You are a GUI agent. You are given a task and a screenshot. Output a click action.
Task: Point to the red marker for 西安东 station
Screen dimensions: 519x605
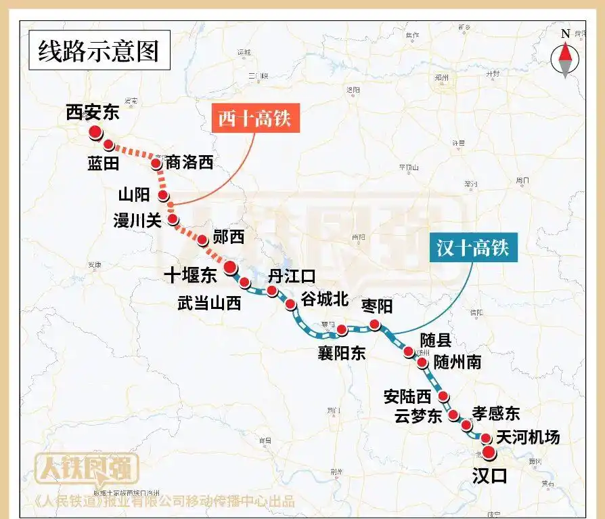tap(95, 132)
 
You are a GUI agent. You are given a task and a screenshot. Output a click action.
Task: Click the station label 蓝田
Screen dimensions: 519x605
tap(103, 163)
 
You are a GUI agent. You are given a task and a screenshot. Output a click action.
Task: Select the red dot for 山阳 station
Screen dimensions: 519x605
tap(163, 196)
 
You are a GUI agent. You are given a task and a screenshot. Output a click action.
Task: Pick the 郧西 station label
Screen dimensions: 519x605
tap(228, 236)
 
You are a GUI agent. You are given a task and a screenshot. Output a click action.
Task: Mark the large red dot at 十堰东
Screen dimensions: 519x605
tap(230, 266)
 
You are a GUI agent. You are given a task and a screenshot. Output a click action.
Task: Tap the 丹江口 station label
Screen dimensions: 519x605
tap(292, 276)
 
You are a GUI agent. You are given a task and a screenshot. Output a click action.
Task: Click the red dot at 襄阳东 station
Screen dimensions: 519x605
tap(342, 330)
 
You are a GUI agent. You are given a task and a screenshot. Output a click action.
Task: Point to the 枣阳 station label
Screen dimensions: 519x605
tap(377, 306)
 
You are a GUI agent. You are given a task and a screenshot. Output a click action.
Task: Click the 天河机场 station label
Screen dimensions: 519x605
tap(528, 438)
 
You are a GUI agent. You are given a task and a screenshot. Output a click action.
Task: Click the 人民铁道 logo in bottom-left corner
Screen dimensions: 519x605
tap(87, 468)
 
